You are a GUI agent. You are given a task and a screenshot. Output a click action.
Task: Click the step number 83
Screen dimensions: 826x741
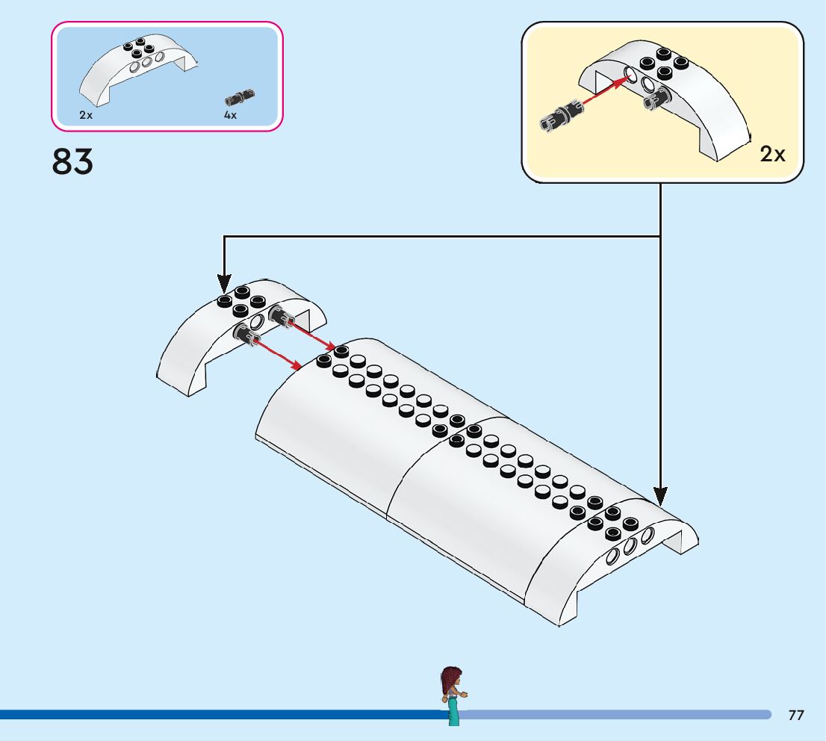[x=72, y=161]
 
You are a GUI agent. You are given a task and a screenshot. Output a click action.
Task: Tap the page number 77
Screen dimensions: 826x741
[x=796, y=715]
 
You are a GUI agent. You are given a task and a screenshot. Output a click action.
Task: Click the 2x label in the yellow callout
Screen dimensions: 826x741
[x=772, y=154]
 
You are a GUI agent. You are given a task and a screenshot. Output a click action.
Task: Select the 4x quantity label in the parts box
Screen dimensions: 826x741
[x=230, y=115]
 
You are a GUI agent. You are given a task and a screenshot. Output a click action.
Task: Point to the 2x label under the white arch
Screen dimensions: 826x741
[x=86, y=115]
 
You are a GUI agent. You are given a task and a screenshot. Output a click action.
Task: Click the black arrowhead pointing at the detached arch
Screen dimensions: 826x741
[x=224, y=284]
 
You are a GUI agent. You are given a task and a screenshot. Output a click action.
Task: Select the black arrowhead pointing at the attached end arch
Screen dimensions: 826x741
[x=660, y=497]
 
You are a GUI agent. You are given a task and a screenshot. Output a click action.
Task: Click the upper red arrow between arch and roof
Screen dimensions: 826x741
[x=313, y=335]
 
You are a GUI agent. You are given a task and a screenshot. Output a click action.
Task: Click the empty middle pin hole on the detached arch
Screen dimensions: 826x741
[x=257, y=321]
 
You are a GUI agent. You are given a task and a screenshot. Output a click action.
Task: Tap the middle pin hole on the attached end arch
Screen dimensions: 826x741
[x=630, y=546]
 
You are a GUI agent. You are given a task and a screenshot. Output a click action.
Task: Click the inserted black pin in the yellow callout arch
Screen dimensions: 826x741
[x=657, y=98]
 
